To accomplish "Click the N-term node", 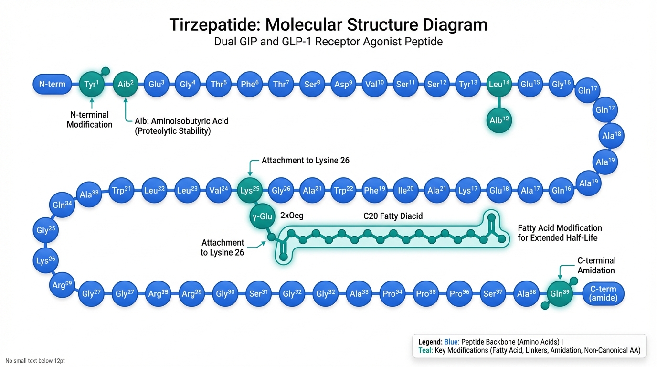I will pyautogui.click(x=52, y=85).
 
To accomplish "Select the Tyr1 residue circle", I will pyautogui.click(x=91, y=85).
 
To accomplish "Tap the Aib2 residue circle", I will pyautogui.click(x=126, y=85).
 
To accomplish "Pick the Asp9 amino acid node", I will pyautogui.click(x=343, y=85).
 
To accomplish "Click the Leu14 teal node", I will pyautogui.click(x=499, y=85).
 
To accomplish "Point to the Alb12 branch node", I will pyautogui.click(x=499, y=120).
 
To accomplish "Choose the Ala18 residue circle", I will pyautogui.click(x=611, y=136).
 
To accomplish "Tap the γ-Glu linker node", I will pyautogui.click(x=262, y=216).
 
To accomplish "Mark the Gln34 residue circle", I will pyautogui.click(x=63, y=205).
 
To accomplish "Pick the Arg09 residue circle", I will pyautogui.click(x=62, y=285).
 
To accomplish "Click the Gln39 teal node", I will pyautogui.click(x=560, y=293).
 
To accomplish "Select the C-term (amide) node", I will pyautogui.click(x=603, y=293).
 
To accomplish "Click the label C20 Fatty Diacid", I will pyautogui.click(x=393, y=216).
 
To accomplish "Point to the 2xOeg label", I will pyautogui.click(x=292, y=216).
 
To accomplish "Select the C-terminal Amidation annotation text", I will pyautogui.click(x=596, y=265).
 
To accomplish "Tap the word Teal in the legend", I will pyautogui.click(x=421, y=350).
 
